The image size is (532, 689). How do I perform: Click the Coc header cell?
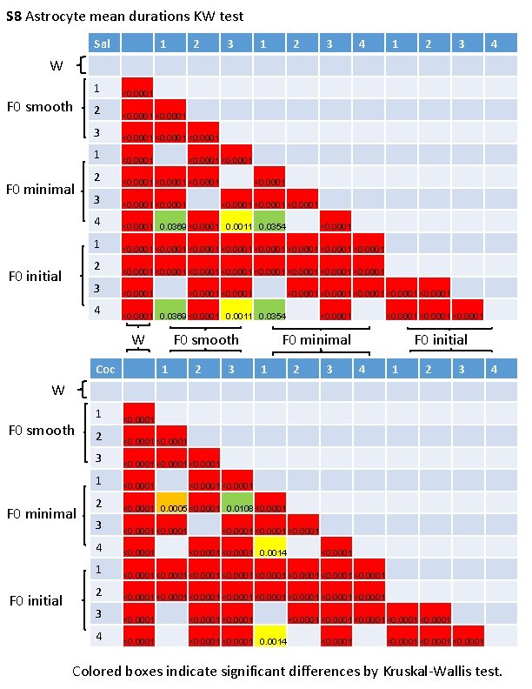(x=105, y=370)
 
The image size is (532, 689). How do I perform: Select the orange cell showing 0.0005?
(x=172, y=505)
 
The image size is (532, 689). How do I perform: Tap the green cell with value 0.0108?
(x=236, y=505)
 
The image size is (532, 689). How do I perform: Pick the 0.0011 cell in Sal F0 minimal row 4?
(x=236, y=223)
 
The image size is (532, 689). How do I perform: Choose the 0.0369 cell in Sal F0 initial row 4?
(x=172, y=311)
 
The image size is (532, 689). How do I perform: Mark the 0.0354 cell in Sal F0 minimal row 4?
(x=269, y=223)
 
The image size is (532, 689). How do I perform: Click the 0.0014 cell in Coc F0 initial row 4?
(x=269, y=638)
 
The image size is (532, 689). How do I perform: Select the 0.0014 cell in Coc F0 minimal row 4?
(x=269, y=549)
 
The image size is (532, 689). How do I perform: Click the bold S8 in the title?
(x=12, y=16)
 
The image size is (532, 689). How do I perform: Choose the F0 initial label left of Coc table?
(x=36, y=600)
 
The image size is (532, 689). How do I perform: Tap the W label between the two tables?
(x=137, y=339)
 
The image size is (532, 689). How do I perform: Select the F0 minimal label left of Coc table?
(x=41, y=513)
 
